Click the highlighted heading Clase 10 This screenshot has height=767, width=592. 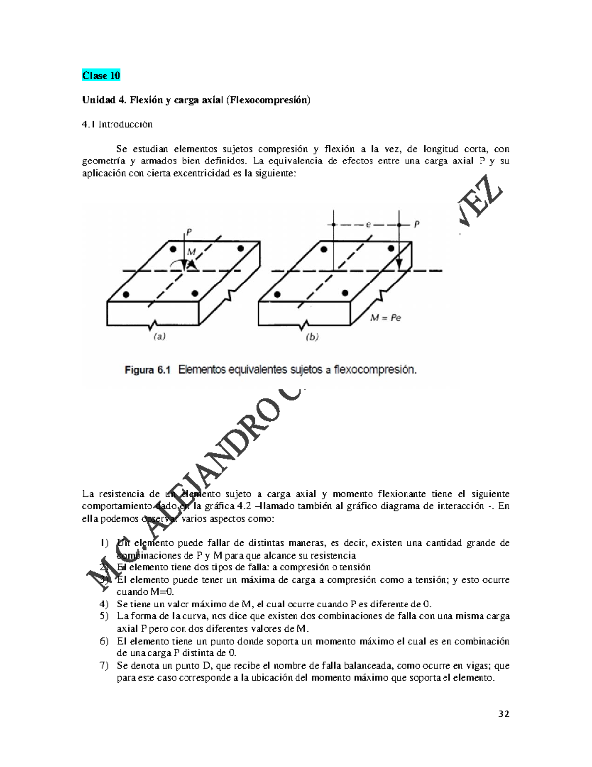point(101,76)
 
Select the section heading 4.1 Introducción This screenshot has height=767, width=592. point(117,124)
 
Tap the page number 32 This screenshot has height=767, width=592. point(504,713)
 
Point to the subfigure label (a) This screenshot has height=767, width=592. point(159,337)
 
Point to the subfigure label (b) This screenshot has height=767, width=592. point(312,337)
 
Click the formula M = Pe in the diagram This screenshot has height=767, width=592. point(386,318)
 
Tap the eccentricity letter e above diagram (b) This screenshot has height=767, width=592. point(368,224)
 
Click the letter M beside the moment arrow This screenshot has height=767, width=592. point(192,252)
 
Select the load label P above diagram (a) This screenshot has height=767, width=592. point(189,231)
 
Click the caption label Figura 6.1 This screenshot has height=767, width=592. point(147,370)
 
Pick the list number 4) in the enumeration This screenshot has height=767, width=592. point(104,604)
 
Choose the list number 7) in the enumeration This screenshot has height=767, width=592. point(104,665)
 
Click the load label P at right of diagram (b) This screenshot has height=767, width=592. point(417,224)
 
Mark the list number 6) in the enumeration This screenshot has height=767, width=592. point(104,641)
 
